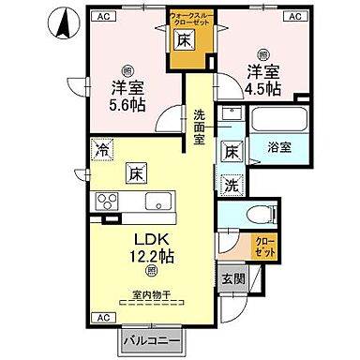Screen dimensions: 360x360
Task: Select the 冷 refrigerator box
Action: click(x=100, y=147)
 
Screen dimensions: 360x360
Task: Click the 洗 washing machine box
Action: click(x=231, y=185)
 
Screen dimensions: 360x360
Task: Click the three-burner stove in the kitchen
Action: click(x=104, y=202)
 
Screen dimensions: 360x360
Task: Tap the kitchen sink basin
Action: click(x=154, y=202)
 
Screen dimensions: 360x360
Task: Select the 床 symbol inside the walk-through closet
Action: click(x=185, y=40)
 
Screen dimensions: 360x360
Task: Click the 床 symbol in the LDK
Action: click(x=135, y=173)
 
